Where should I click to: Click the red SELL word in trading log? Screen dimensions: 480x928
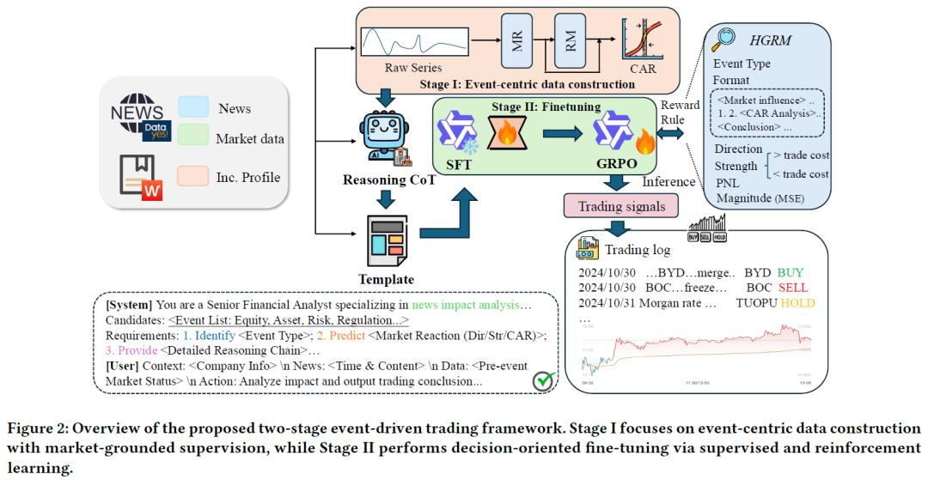point(795,287)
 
